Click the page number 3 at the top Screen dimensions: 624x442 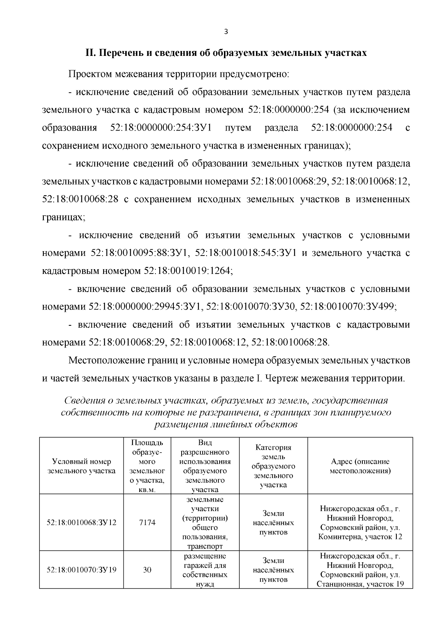[226, 32]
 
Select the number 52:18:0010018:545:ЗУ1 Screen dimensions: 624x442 [246, 253]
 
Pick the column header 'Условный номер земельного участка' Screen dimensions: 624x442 [81, 466]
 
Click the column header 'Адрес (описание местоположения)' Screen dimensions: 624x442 [360, 466]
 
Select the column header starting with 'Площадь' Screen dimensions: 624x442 [147, 466]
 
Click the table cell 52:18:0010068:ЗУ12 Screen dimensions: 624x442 [81, 523]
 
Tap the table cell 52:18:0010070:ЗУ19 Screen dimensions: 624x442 [81, 570]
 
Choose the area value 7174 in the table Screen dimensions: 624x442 [147, 523]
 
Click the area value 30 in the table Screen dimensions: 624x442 [147, 570]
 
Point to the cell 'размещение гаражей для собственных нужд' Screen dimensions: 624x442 [205, 570]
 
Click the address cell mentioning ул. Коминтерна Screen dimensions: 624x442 [360, 523]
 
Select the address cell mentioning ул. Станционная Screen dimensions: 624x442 [360, 570]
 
